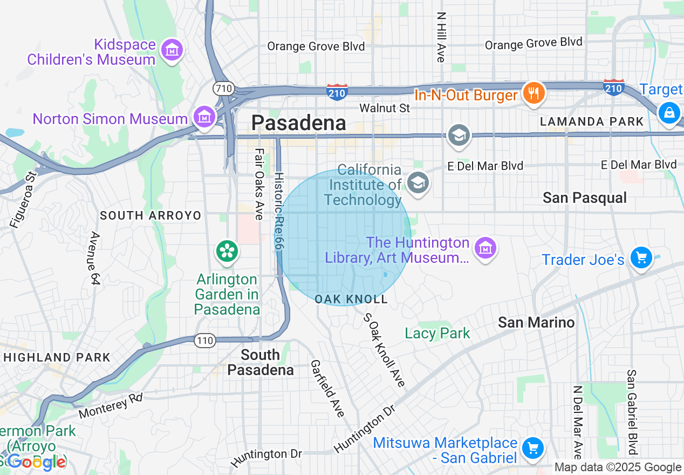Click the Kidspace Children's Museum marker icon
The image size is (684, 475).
click(172, 50)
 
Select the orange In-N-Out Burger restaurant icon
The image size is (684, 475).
click(533, 93)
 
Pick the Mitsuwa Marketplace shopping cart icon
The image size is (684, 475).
click(532, 447)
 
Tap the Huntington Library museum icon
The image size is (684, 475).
click(485, 248)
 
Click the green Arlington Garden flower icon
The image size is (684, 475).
click(227, 251)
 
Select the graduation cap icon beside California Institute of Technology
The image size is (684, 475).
click(418, 182)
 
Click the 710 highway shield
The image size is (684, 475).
click(222, 87)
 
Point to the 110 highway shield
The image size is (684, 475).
click(205, 341)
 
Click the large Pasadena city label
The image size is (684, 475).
click(298, 123)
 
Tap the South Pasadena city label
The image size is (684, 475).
click(261, 362)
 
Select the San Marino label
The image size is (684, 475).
click(536, 322)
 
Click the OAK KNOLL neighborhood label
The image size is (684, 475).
click(351, 299)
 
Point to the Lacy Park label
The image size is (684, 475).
click(437, 334)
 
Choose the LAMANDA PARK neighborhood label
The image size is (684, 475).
click(592, 122)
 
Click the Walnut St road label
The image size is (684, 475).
click(385, 108)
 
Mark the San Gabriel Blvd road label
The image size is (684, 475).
click(632, 412)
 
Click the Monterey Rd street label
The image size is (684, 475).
click(111, 406)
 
